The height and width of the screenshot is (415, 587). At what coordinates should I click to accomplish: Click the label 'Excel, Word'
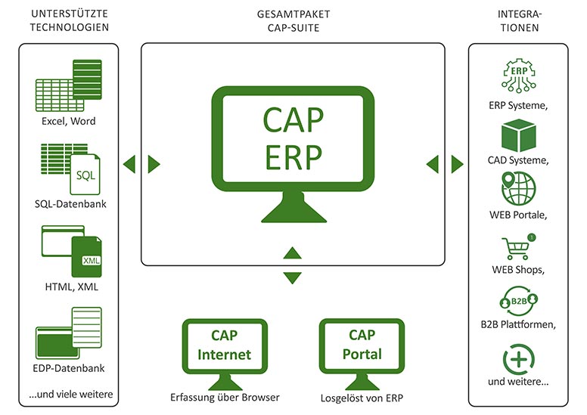point(69,121)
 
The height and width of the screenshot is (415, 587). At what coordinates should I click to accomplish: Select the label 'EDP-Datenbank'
point(70,368)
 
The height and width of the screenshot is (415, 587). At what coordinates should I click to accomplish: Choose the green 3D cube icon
point(518,135)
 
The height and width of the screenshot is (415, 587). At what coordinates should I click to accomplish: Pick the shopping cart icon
point(518,247)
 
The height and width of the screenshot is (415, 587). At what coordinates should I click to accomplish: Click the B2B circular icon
point(518,302)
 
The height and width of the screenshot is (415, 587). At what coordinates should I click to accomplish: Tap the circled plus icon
point(518,358)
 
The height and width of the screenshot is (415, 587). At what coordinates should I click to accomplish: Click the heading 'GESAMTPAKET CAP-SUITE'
point(293,21)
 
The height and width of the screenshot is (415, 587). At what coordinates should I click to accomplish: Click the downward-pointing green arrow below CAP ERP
point(292,278)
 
